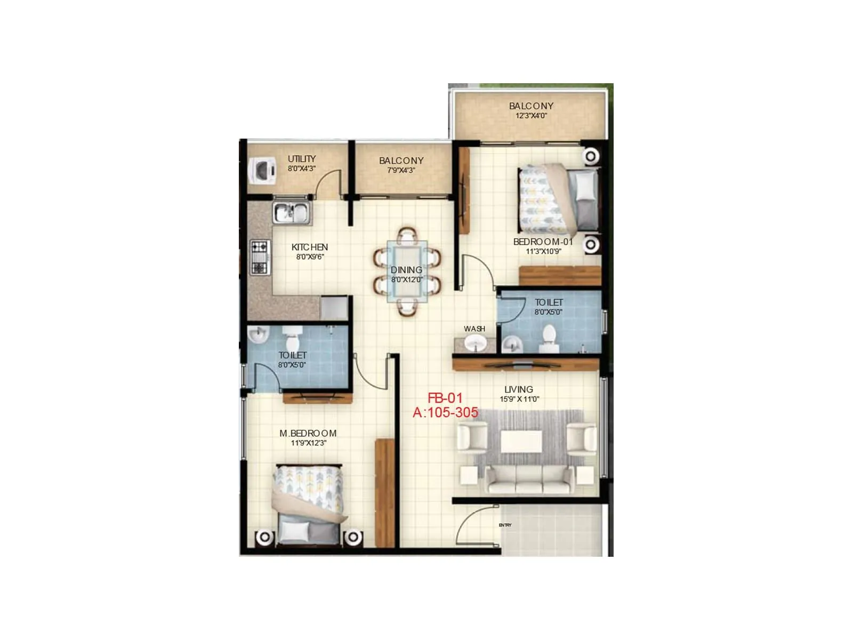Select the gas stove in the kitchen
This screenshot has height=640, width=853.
pos(260,257)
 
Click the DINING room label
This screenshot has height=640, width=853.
pos(406,270)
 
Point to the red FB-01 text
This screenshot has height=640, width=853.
pos(445,398)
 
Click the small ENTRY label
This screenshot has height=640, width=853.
pos(505,525)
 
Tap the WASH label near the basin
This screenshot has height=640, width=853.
pos(474,329)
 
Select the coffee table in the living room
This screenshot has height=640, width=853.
pos(521,441)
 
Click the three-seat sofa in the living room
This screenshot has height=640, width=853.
pos(528,478)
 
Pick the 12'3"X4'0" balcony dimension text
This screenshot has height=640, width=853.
pos(531,116)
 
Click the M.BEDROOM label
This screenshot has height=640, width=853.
pos(308,433)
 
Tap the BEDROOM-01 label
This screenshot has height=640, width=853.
pos(543,242)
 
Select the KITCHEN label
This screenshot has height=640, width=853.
pos(310,247)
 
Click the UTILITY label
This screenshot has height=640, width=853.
pos(302,159)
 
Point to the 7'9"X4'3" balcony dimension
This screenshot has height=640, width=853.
pos(401,171)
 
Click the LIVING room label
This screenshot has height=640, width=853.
pos(519,389)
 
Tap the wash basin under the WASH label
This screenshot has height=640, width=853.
pos(474,343)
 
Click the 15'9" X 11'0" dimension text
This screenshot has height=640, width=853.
pos(519,399)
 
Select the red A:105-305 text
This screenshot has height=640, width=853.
pos(445,412)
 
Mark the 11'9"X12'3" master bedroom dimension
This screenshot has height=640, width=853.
pos(309,443)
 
